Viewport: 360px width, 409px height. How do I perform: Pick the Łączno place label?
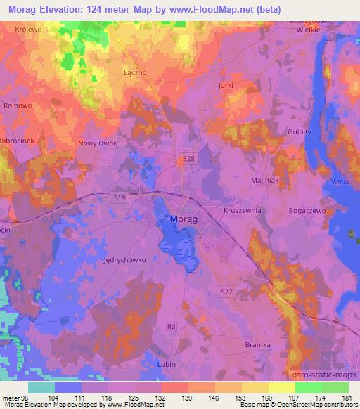point(133,72)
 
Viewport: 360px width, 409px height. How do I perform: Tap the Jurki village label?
point(225,84)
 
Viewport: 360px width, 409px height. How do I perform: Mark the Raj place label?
point(171,327)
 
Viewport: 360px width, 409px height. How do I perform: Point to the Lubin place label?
point(167,365)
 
